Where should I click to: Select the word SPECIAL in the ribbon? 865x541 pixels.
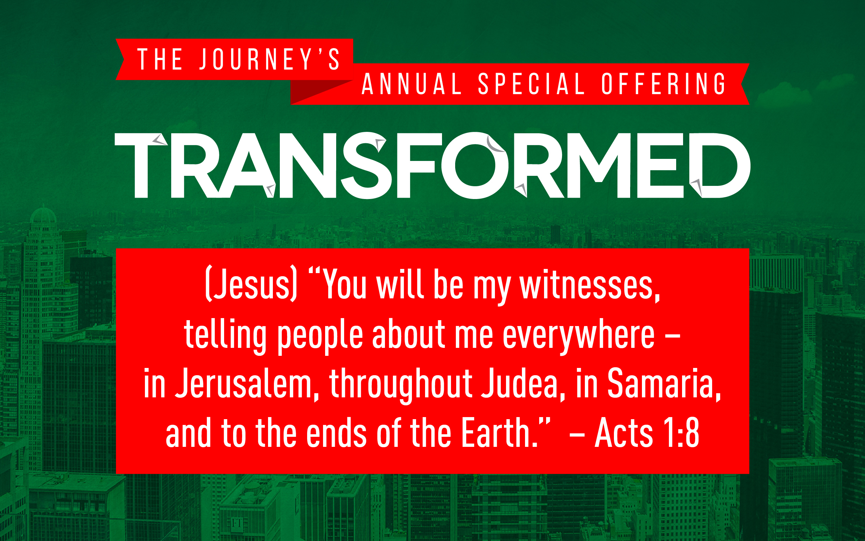532,84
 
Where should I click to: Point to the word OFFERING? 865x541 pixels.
663,84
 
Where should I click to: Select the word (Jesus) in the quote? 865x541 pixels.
251,284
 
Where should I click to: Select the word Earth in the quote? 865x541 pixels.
499,433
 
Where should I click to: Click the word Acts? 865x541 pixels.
624,433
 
